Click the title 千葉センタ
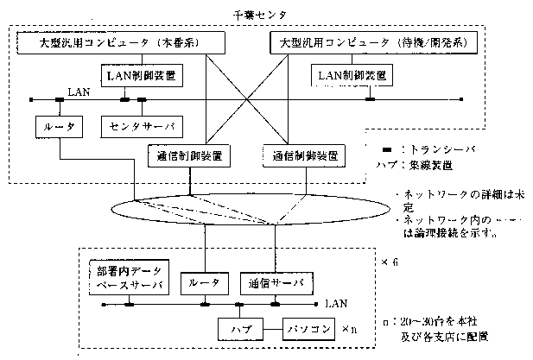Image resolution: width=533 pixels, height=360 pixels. pyautogui.click(x=259, y=14)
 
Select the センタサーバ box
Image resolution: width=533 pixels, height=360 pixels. pyautogui.click(x=143, y=126)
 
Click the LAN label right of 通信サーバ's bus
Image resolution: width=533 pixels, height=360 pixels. pyautogui.click(x=337, y=304)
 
